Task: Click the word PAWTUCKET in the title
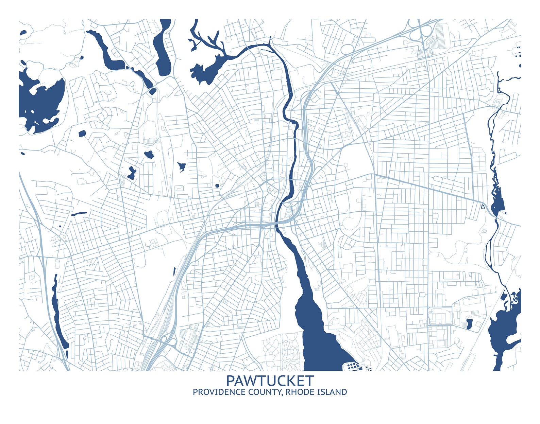point(270,381)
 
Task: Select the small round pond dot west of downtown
point(217,185)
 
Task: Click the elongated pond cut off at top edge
point(163,48)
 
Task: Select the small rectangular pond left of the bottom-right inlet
point(469,324)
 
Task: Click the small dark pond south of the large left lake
point(82,134)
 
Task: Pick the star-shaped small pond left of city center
point(182,166)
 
